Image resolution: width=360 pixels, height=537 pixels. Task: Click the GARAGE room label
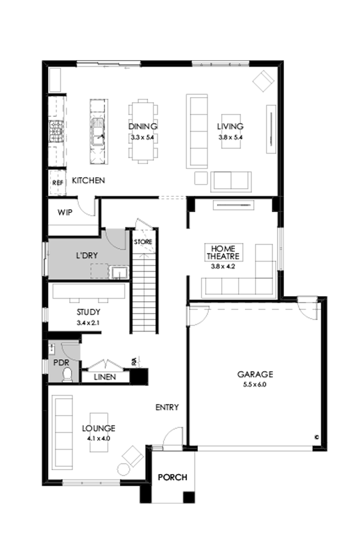[x=255, y=374]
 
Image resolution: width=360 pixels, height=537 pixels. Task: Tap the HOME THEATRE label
[x=223, y=252]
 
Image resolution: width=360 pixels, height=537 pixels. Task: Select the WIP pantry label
[x=65, y=212]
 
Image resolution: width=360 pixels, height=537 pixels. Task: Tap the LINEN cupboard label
[x=105, y=377]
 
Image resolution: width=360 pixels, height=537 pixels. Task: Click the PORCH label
[x=172, y=477]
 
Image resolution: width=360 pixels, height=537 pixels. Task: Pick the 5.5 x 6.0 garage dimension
[x=255, y=384]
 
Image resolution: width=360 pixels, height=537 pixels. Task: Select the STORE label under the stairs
[x=142, y=242]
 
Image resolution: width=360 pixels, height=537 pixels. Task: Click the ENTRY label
[x=167, y=408]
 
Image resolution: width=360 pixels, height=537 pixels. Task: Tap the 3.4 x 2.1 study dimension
[x=88, y=322]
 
